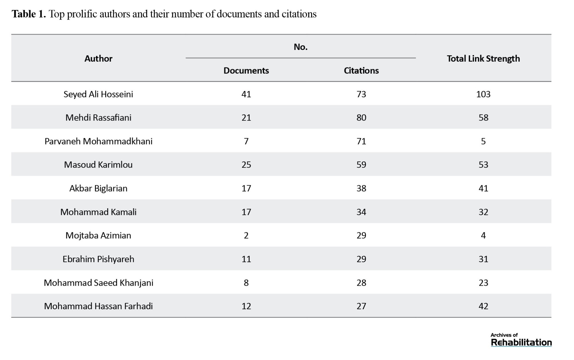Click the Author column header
pos(98,59)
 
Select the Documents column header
pos(246,71)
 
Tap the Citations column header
pos(361,71)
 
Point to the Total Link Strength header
pos(483,59)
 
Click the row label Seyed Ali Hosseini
pos(98,94)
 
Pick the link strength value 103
pos(483,94)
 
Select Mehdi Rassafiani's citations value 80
pos(361,118)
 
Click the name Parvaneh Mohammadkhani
pos(98,141)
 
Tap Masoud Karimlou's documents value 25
pos(246,165)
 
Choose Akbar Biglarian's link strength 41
pos(483,188)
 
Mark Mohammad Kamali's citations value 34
pos(361,212)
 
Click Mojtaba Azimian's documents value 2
pos(246,236)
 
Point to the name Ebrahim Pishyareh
pos(98,259)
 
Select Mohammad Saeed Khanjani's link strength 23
pos(483,283)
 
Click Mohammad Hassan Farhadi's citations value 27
pos(361,306)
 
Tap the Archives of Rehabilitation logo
pos(521,340)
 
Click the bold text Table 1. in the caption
pos(29,14)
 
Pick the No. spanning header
pos(300,47)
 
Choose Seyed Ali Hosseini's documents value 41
pos(246,94)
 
